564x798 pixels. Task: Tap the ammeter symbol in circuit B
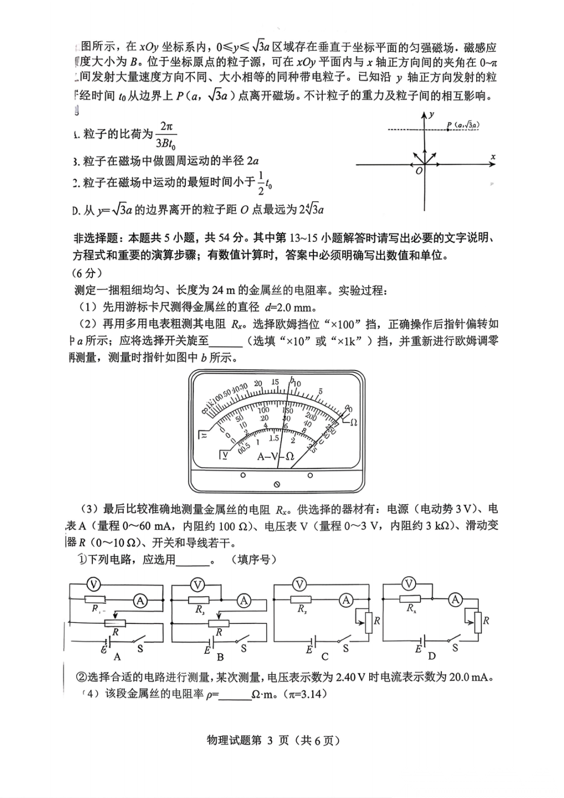click(x=244, y=600)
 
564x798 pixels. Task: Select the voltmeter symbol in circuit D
click(x=409, y=584)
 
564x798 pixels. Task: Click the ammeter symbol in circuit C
click(x=346, y=600)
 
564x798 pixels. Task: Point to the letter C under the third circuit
click(x=325, y=656)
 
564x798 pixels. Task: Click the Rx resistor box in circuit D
click(x=410, y=599)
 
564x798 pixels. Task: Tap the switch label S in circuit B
click(x=243, y=649)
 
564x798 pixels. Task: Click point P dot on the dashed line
click(x=448, y=129)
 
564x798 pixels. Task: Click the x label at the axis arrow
click(x=492, y=157)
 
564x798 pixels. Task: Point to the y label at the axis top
click(x=431, y=114)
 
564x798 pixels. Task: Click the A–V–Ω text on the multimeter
click(x=276, y=456)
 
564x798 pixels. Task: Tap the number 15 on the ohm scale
click(x=275, y=383)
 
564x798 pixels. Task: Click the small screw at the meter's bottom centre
click(x=277, y=484)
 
